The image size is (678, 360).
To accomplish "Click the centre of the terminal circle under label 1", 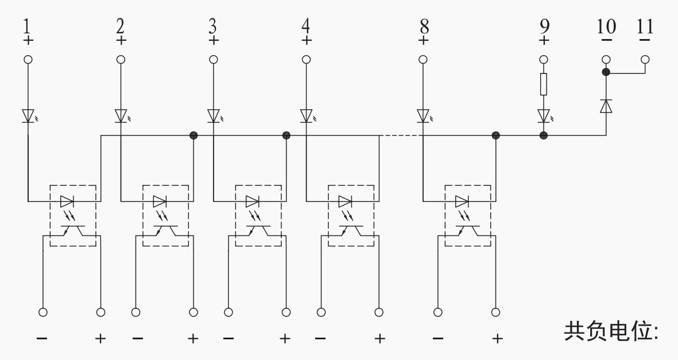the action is pos(28,60).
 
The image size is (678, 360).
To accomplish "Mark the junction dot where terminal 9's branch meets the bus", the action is pos(544,136).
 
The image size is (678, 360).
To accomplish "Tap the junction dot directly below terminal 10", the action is pos(606,72).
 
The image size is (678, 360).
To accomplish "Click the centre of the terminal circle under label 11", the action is pos(645,60).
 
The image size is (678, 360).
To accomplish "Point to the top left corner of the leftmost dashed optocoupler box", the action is pos(50,185).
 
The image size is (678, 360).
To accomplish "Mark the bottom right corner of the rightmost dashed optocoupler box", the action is pos(491,246).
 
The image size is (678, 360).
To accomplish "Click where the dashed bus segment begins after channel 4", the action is pos(379,136).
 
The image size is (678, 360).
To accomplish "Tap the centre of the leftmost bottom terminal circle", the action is pos(43,312).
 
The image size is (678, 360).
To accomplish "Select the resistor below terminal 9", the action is pos(544,84).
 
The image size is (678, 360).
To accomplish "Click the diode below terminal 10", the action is pos(606,106).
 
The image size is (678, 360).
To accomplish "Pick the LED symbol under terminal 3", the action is pos(214,116).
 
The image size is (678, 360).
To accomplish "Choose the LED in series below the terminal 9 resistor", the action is pos(544,116).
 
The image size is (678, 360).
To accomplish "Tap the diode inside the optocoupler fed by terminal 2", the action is pos(160,202).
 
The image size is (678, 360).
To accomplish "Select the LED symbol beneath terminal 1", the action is pos(29,116).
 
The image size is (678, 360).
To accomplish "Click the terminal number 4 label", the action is pos(306,26).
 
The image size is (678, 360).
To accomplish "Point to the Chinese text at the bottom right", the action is pos(611,331).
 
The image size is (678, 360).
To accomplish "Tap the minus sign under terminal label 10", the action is pos(606,40).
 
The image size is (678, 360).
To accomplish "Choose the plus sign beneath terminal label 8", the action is pos(424,41).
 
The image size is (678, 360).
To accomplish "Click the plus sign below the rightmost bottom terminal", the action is pos(497,338).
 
